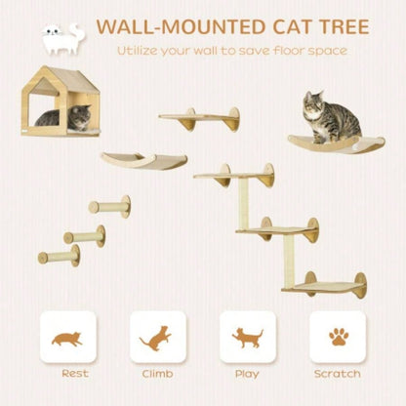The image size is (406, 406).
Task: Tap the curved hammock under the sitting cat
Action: (323, 142)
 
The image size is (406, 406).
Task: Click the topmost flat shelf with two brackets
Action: (199, 118)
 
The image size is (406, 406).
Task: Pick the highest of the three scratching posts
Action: (107, 208)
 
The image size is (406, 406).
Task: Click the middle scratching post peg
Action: (84, 235)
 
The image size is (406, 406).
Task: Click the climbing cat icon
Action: (157, 338)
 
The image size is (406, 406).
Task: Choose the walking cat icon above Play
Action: (247, 338)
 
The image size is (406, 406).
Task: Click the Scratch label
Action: (338, 374)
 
